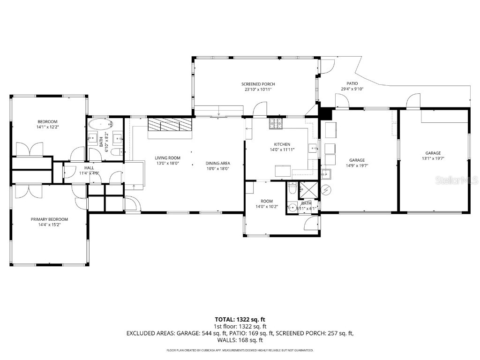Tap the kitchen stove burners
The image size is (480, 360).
point(276,124)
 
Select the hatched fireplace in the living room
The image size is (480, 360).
point(170,125)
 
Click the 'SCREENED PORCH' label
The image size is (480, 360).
point(258,84)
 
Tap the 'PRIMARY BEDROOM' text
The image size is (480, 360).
point(49,219)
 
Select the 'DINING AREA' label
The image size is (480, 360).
point(217,164)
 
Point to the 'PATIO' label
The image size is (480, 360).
point(352,84)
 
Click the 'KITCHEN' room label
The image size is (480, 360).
point(282,144)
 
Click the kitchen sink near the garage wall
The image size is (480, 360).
point(313,149)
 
